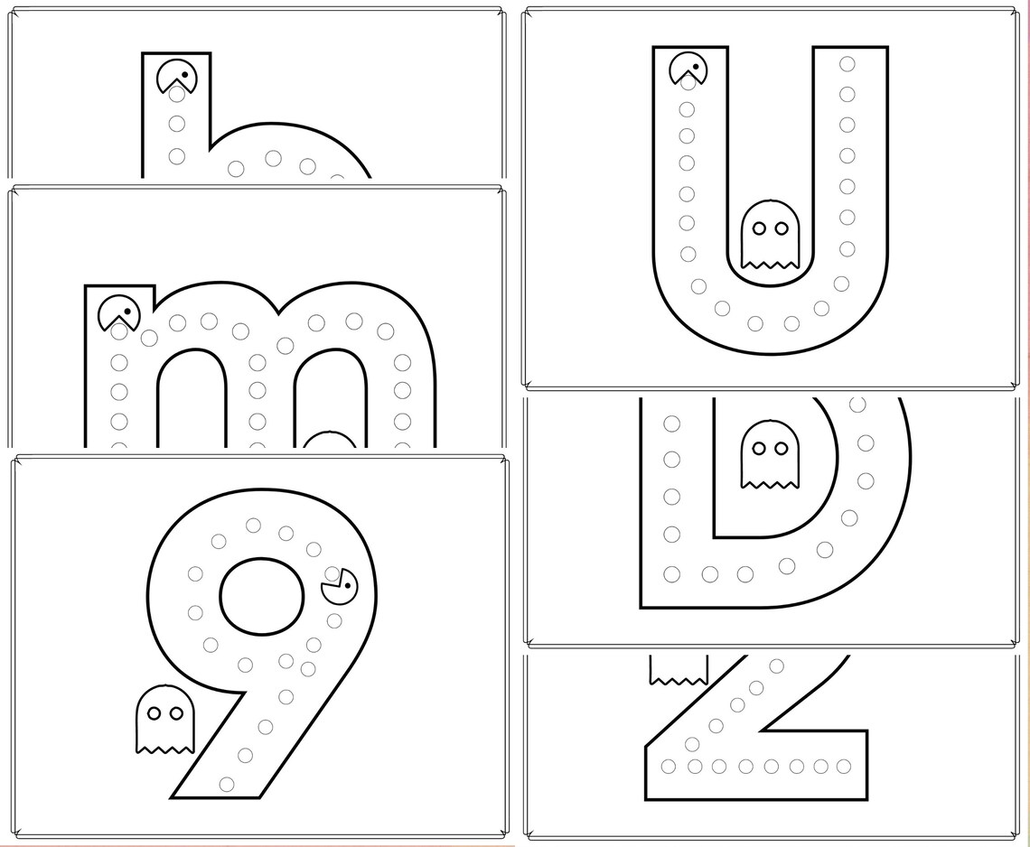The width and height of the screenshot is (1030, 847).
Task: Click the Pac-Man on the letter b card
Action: (x=176, y=76)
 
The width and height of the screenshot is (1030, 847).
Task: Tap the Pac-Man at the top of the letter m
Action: (x=118, y=312)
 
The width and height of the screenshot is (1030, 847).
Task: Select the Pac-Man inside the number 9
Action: (x=338, y=587)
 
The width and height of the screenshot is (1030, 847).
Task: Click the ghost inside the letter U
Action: (x=771, y=236)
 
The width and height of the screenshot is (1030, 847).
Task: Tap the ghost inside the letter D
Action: (x=770, y=453)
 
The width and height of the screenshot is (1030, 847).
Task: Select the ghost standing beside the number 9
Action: (x=164, y=719)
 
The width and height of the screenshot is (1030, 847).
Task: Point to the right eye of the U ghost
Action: (x=781, y=229)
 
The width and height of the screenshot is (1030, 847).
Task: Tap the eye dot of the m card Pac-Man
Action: (x=127, y=313)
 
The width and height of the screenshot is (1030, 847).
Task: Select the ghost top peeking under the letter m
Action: (x=329, y=440)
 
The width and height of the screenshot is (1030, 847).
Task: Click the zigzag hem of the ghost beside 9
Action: (x=164, y=748)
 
